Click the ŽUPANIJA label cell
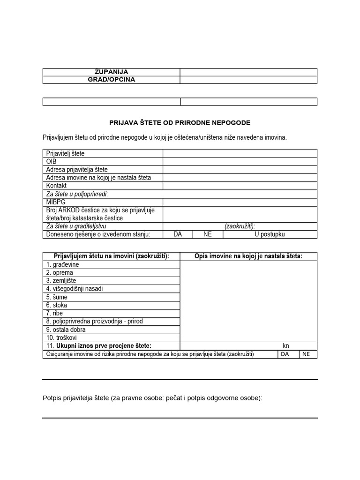coord(111,72)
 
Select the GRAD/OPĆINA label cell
coord(111,80)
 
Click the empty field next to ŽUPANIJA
coord(248,72)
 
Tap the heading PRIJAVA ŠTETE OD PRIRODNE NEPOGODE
coord(180,123)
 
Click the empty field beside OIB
coord(240,161)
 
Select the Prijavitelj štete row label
coord(65,153)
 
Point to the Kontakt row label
coord(57,186)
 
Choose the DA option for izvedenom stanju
coord(178,234)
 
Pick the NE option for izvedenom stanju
coord(208,234)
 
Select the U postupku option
coord(270,234)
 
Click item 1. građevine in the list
coord(62,265)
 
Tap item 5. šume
coord(57,297)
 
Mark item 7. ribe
coord(54,313)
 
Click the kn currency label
coord(286,346)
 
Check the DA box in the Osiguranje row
coord(285,354)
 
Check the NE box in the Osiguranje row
coord(306,354)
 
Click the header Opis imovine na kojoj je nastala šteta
coord(248,256)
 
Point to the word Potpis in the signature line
coord(52,398)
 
